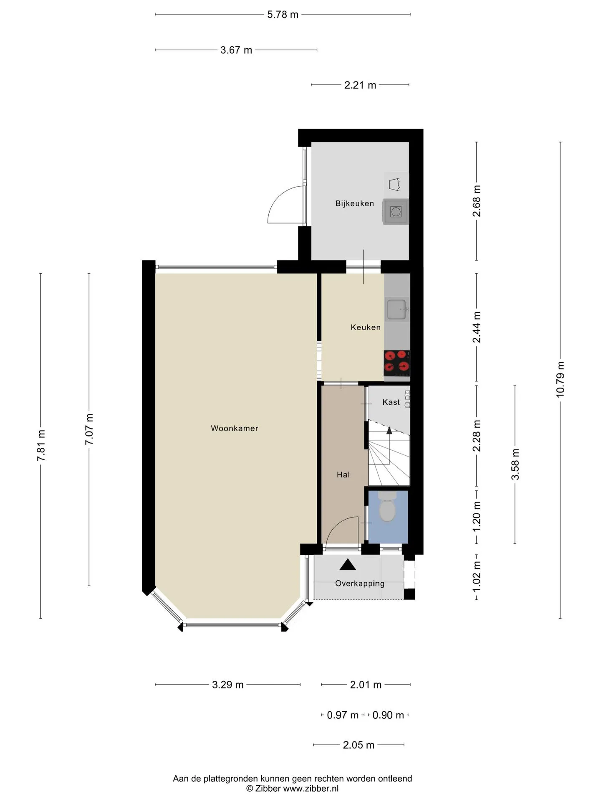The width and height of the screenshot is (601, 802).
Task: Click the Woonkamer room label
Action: coord(234,428)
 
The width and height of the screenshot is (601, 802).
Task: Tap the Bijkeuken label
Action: coord(354,203)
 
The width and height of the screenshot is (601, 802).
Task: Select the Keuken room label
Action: coord(366,327)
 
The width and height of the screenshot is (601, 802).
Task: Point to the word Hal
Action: coord(343,475)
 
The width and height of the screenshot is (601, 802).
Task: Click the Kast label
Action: coord(391,402)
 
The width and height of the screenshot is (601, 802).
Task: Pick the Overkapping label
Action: coord(360,584)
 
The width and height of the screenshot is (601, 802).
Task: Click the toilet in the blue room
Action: coord(387,506)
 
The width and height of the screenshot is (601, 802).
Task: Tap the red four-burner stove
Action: coord(396,361)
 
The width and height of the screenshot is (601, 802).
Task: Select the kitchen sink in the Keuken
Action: coord(396,310)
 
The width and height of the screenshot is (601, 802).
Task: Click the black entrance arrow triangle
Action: coord(348,565)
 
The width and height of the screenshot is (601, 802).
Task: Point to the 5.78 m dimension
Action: coord(283,15)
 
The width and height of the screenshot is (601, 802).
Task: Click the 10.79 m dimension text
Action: coord(560,379)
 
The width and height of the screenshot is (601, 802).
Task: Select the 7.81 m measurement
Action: coord(41,445)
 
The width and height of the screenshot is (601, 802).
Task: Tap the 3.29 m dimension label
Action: coord(227,685)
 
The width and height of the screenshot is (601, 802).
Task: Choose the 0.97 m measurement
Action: coord(343,715)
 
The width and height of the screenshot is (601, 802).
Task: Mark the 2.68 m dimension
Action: coord(477,201)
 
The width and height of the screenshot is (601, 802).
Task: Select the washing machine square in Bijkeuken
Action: coord(396,212)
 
